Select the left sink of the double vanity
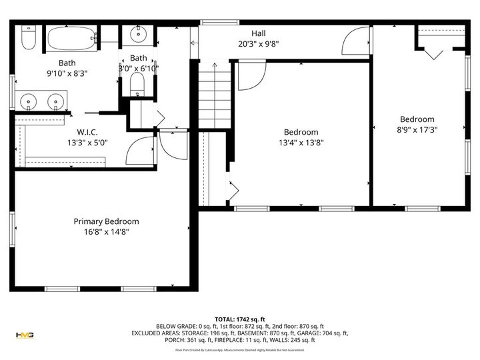point(29,102)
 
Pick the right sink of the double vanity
point(57,102)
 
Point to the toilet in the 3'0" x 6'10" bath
point(138,83)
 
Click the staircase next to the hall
point(215,97)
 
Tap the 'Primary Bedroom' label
point(106,221)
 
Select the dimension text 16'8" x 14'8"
point(106,232)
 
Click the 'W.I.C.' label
point(87,132)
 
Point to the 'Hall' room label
point(258,33)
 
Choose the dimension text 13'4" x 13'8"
point(301,142)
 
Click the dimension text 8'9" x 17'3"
point(417,130)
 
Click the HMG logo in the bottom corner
point(25,335)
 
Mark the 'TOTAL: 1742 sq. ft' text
point(240,319)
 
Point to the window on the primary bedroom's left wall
point(12,230)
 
